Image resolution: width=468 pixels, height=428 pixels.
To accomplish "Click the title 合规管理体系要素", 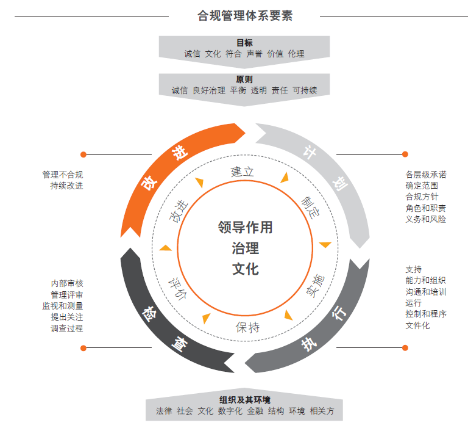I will [245, 16].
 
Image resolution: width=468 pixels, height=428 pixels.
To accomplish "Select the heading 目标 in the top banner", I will [244, 43].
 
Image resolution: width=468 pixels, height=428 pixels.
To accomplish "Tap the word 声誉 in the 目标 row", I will [255, 54].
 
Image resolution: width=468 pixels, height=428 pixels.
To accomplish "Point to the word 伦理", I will [296, 54].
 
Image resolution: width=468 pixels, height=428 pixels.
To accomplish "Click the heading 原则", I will [244, 79].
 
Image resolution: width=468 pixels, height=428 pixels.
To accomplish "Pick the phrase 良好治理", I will [209, 90].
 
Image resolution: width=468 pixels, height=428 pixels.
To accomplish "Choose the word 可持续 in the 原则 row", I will [305, 90].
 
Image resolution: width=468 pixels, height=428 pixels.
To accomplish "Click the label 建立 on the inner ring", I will [242, 172].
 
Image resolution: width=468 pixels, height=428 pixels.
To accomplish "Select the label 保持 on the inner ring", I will [247, 327].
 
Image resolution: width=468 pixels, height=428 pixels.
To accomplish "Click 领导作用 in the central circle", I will [245, 228].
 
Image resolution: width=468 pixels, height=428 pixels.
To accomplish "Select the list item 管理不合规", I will [63, 175].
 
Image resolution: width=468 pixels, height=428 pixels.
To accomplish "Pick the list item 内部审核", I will [67, 283].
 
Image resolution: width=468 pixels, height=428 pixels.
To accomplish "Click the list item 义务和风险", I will [425, 219].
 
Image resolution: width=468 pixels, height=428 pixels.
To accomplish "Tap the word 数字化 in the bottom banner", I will [230, 411].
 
